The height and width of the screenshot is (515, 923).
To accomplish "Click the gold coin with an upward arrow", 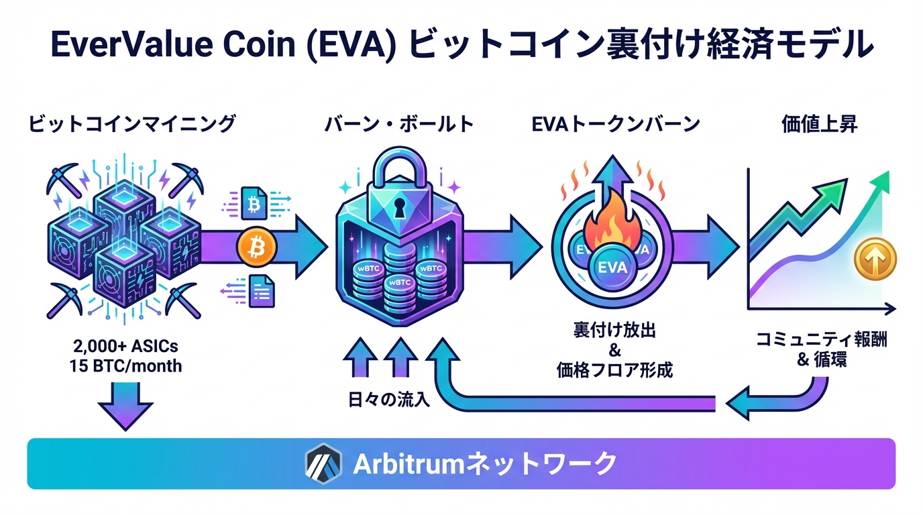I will [x=875, y=259].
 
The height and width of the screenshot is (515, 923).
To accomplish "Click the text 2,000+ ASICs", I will [x=126, y=347].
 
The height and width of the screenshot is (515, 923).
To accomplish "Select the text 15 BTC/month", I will [x=126, y=367].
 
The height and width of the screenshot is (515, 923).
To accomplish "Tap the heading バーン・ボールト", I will [x=399, y=124].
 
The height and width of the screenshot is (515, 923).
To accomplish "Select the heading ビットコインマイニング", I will [x=132, y=124].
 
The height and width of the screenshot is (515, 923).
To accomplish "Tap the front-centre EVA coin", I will [x=611, y=267].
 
